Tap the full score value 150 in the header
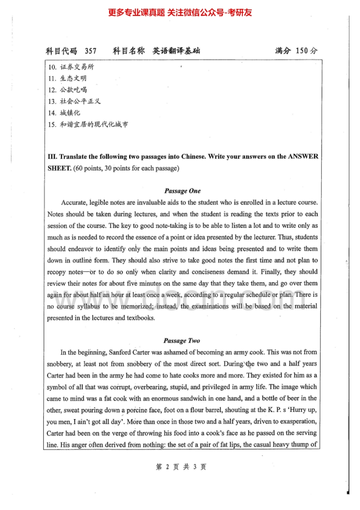(x=302, y=51)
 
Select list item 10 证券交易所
(x=71, y=67)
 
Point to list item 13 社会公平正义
(x=74, y=101)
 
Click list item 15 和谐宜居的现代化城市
(x=88, y=124)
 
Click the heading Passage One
(x=182, y=191)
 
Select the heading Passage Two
(x=182, y=340)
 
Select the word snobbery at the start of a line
(x=60, y=364)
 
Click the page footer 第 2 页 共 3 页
(x=180, y=467)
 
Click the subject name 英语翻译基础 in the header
(x=176, y=51)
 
